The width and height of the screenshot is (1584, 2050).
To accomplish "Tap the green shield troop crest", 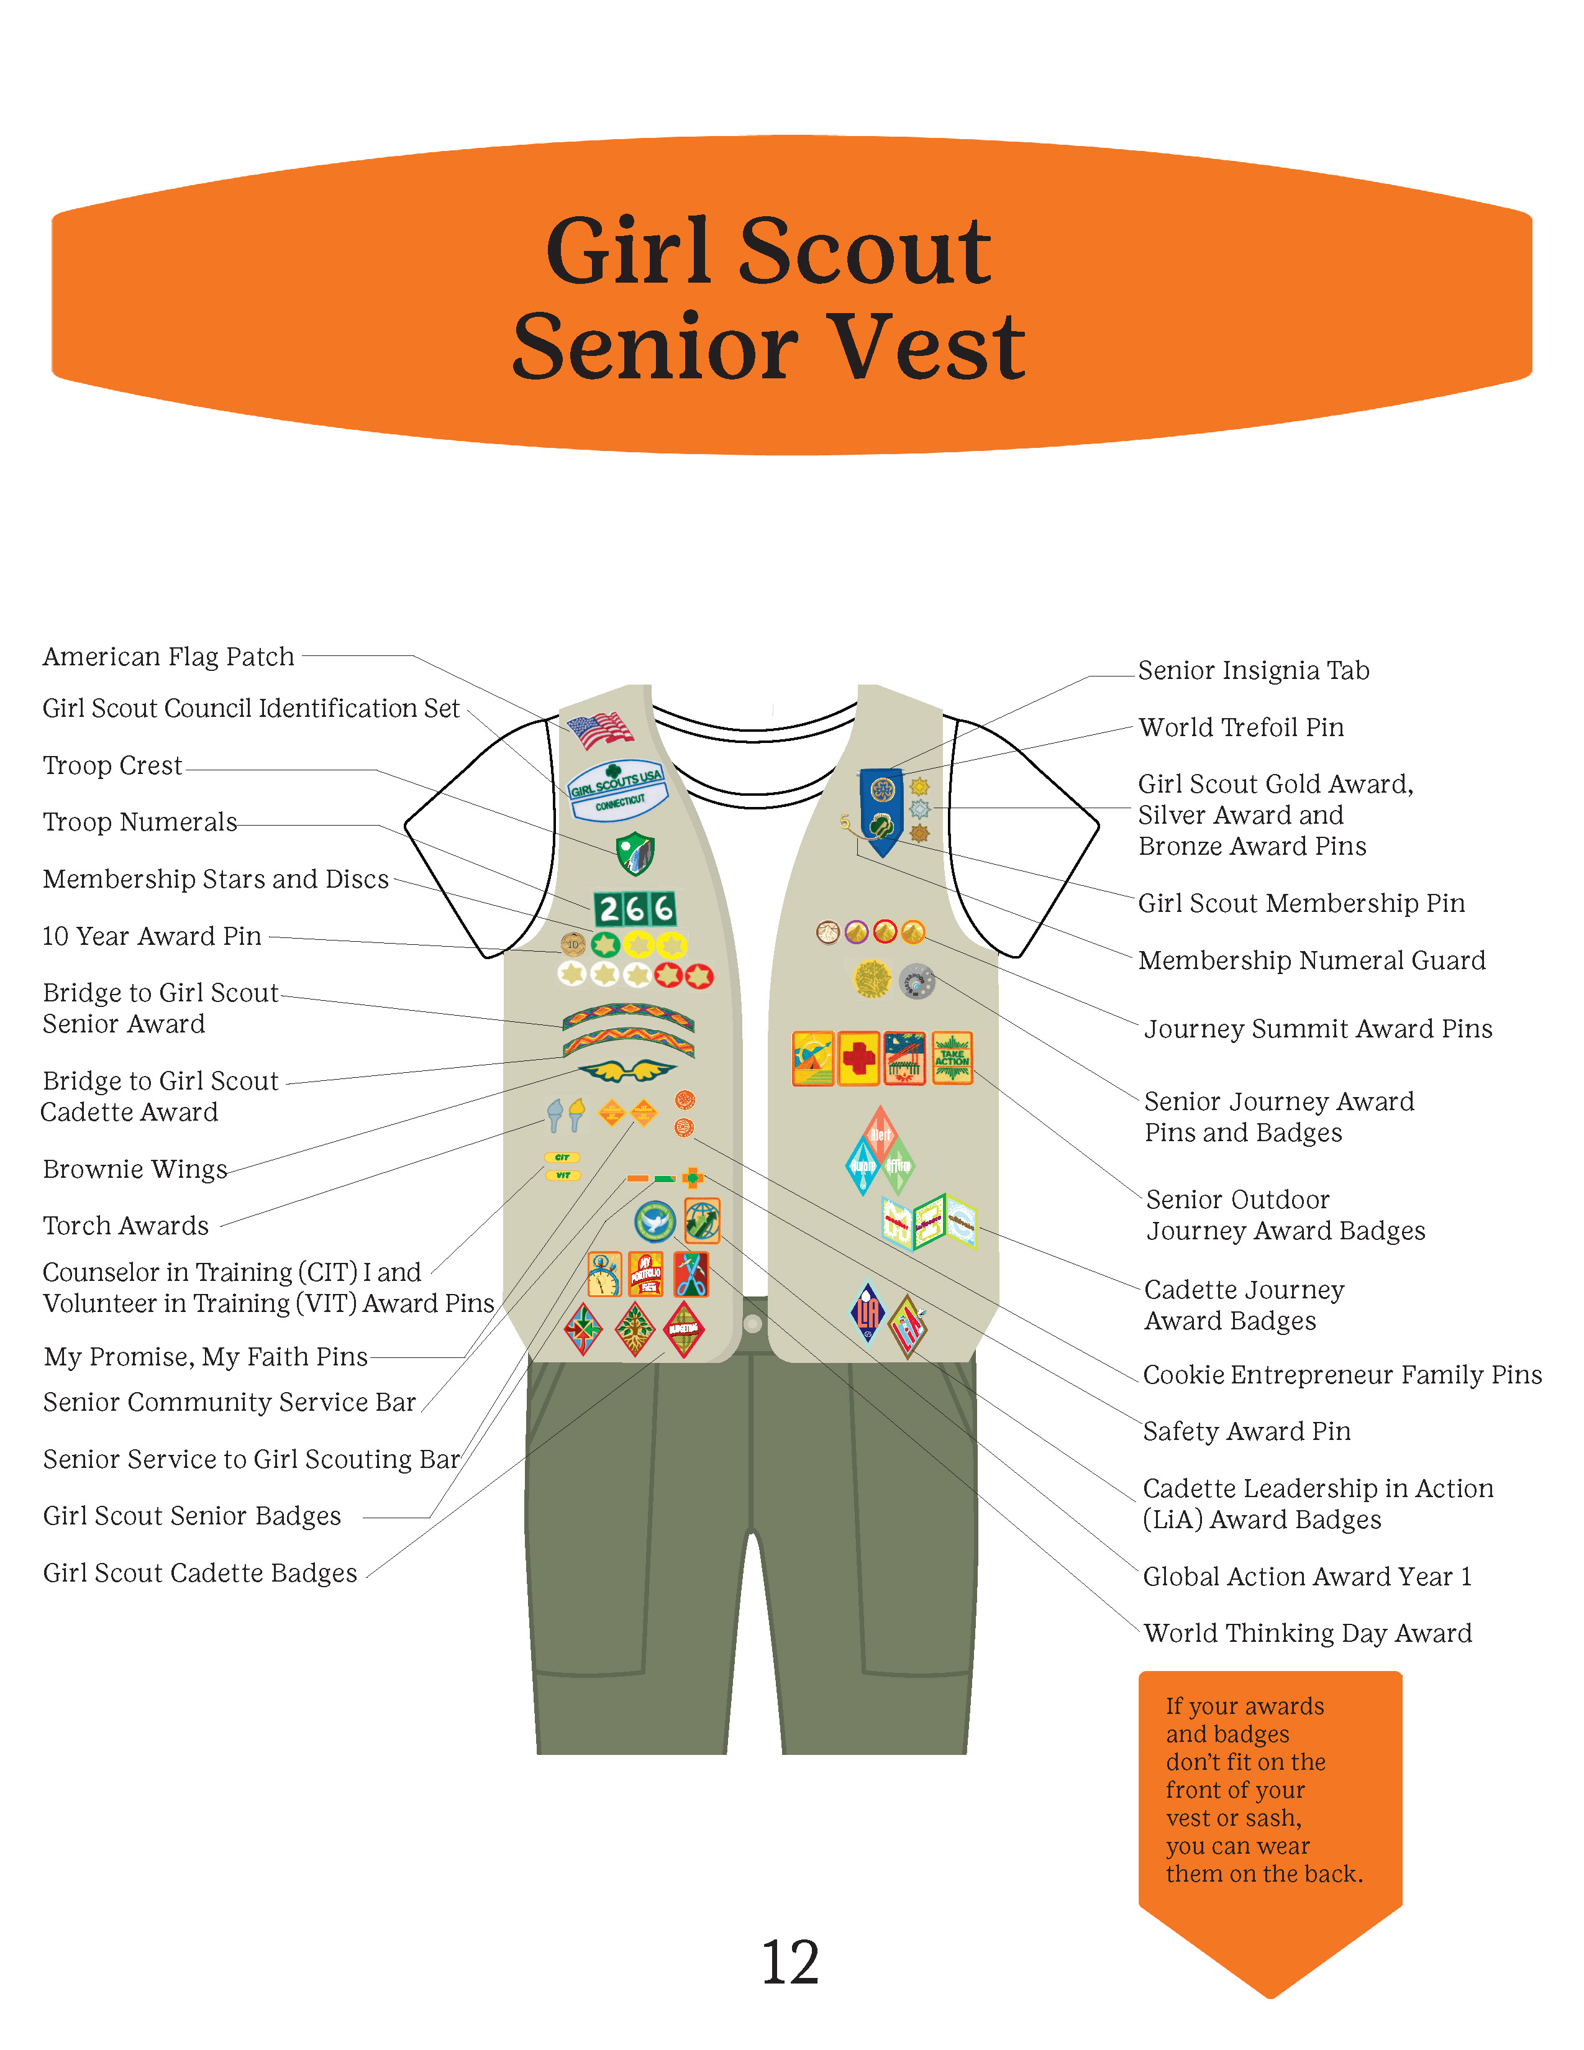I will [x=635, y=853].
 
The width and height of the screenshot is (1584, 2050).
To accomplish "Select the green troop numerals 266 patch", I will [x=634, y=909].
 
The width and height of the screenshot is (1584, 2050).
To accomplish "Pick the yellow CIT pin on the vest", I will [x=562, y=1157].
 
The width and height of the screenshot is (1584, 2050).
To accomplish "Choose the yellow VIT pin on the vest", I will [x=563, y=1175].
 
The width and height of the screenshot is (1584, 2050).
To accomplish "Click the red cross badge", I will [x=858, y=1058].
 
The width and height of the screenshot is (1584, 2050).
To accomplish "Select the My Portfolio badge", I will [x=645, y=1273].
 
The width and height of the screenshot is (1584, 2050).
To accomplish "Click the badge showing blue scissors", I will [x=691, y=1273].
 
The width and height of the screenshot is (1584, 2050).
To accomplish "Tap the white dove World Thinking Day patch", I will [x=654, y=1222].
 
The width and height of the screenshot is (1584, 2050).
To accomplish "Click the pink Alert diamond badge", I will [x=880, y=1133].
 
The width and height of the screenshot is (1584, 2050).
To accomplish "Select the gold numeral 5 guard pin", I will [x=845, y=822].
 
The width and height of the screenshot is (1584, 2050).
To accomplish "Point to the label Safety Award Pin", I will [x=1246, y=1431].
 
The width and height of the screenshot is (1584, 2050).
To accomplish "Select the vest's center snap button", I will [x=752, y=1323].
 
